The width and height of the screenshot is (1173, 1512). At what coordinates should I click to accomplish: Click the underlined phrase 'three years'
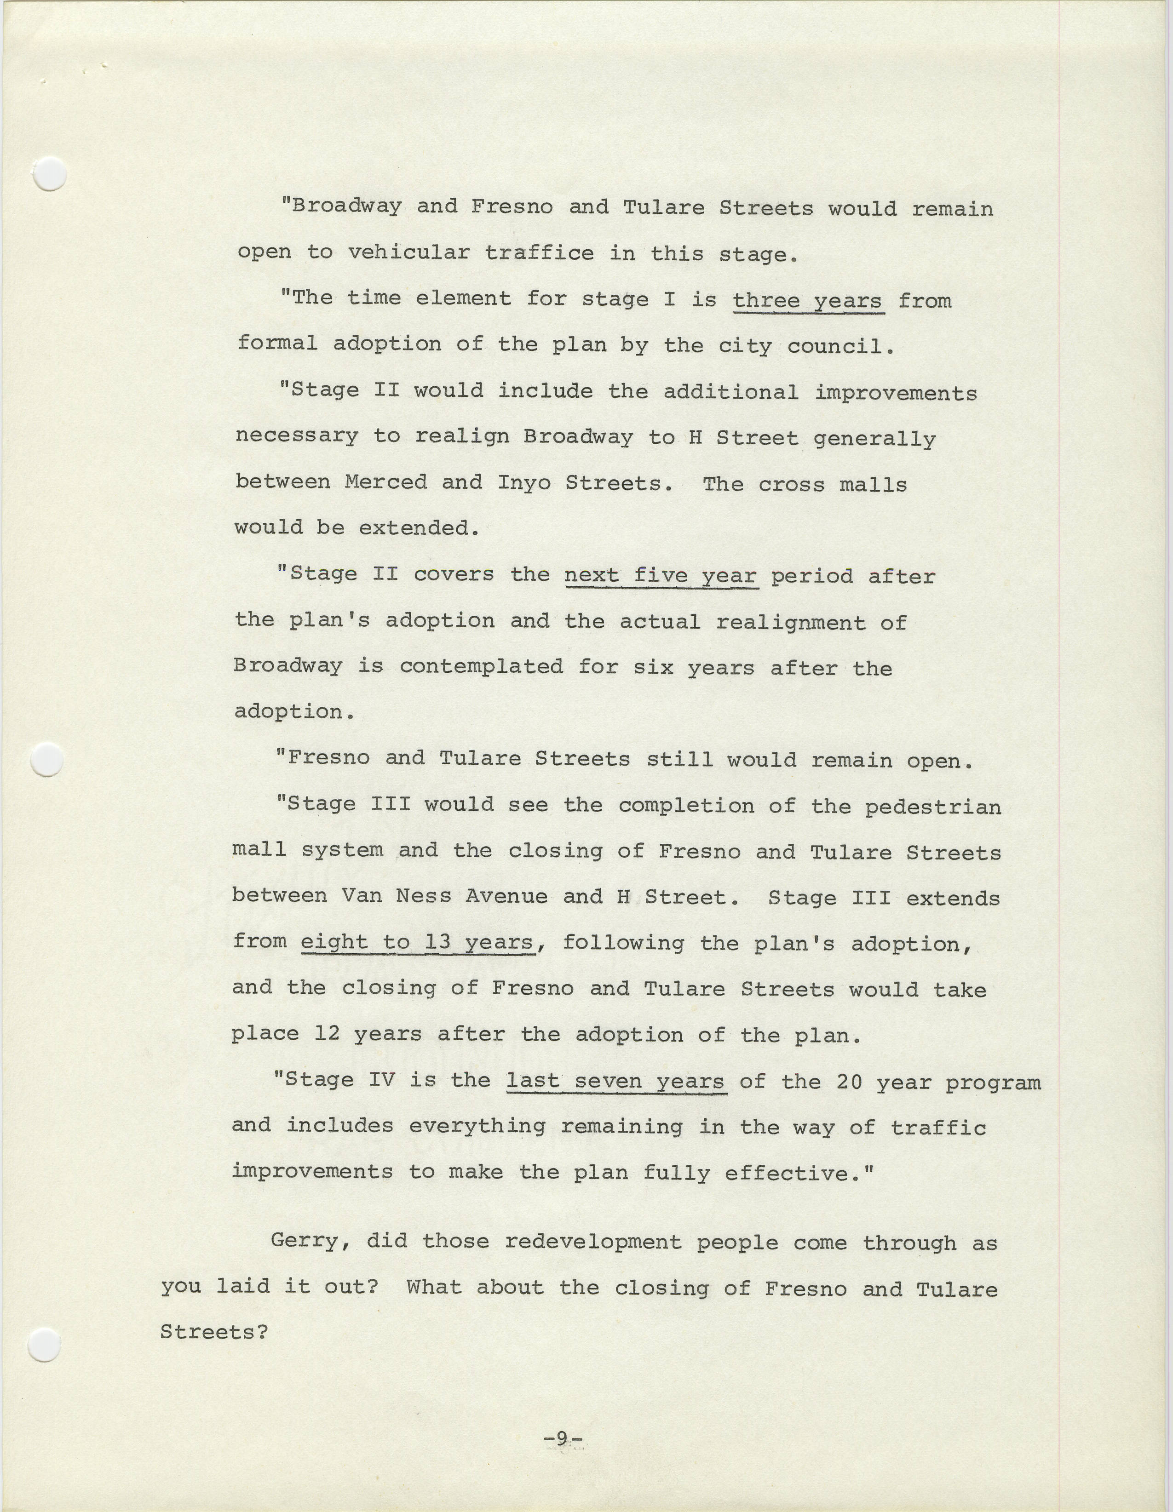point(807,300)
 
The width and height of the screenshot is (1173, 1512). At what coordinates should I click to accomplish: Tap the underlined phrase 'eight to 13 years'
point(418,942)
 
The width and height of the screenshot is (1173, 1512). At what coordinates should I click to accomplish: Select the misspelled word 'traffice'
point(539,253)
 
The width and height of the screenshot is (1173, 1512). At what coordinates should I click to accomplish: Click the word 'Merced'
point(385,482)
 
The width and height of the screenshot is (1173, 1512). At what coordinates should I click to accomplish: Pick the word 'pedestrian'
point(933,807)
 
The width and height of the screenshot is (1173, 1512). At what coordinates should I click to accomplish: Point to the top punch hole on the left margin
point(50,174)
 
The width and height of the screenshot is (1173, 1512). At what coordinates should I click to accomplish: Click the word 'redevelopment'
point(593,1241)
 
